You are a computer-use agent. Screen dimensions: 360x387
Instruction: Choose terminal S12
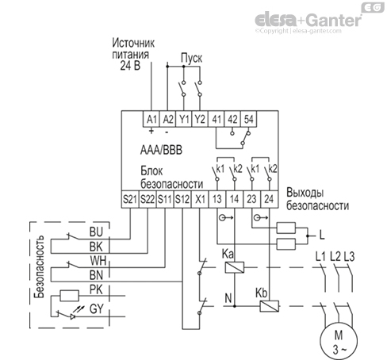182,198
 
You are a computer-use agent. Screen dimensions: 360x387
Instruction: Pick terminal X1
200,198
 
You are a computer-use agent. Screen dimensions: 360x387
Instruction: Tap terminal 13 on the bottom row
217,198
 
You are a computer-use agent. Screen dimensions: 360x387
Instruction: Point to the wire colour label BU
98,232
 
